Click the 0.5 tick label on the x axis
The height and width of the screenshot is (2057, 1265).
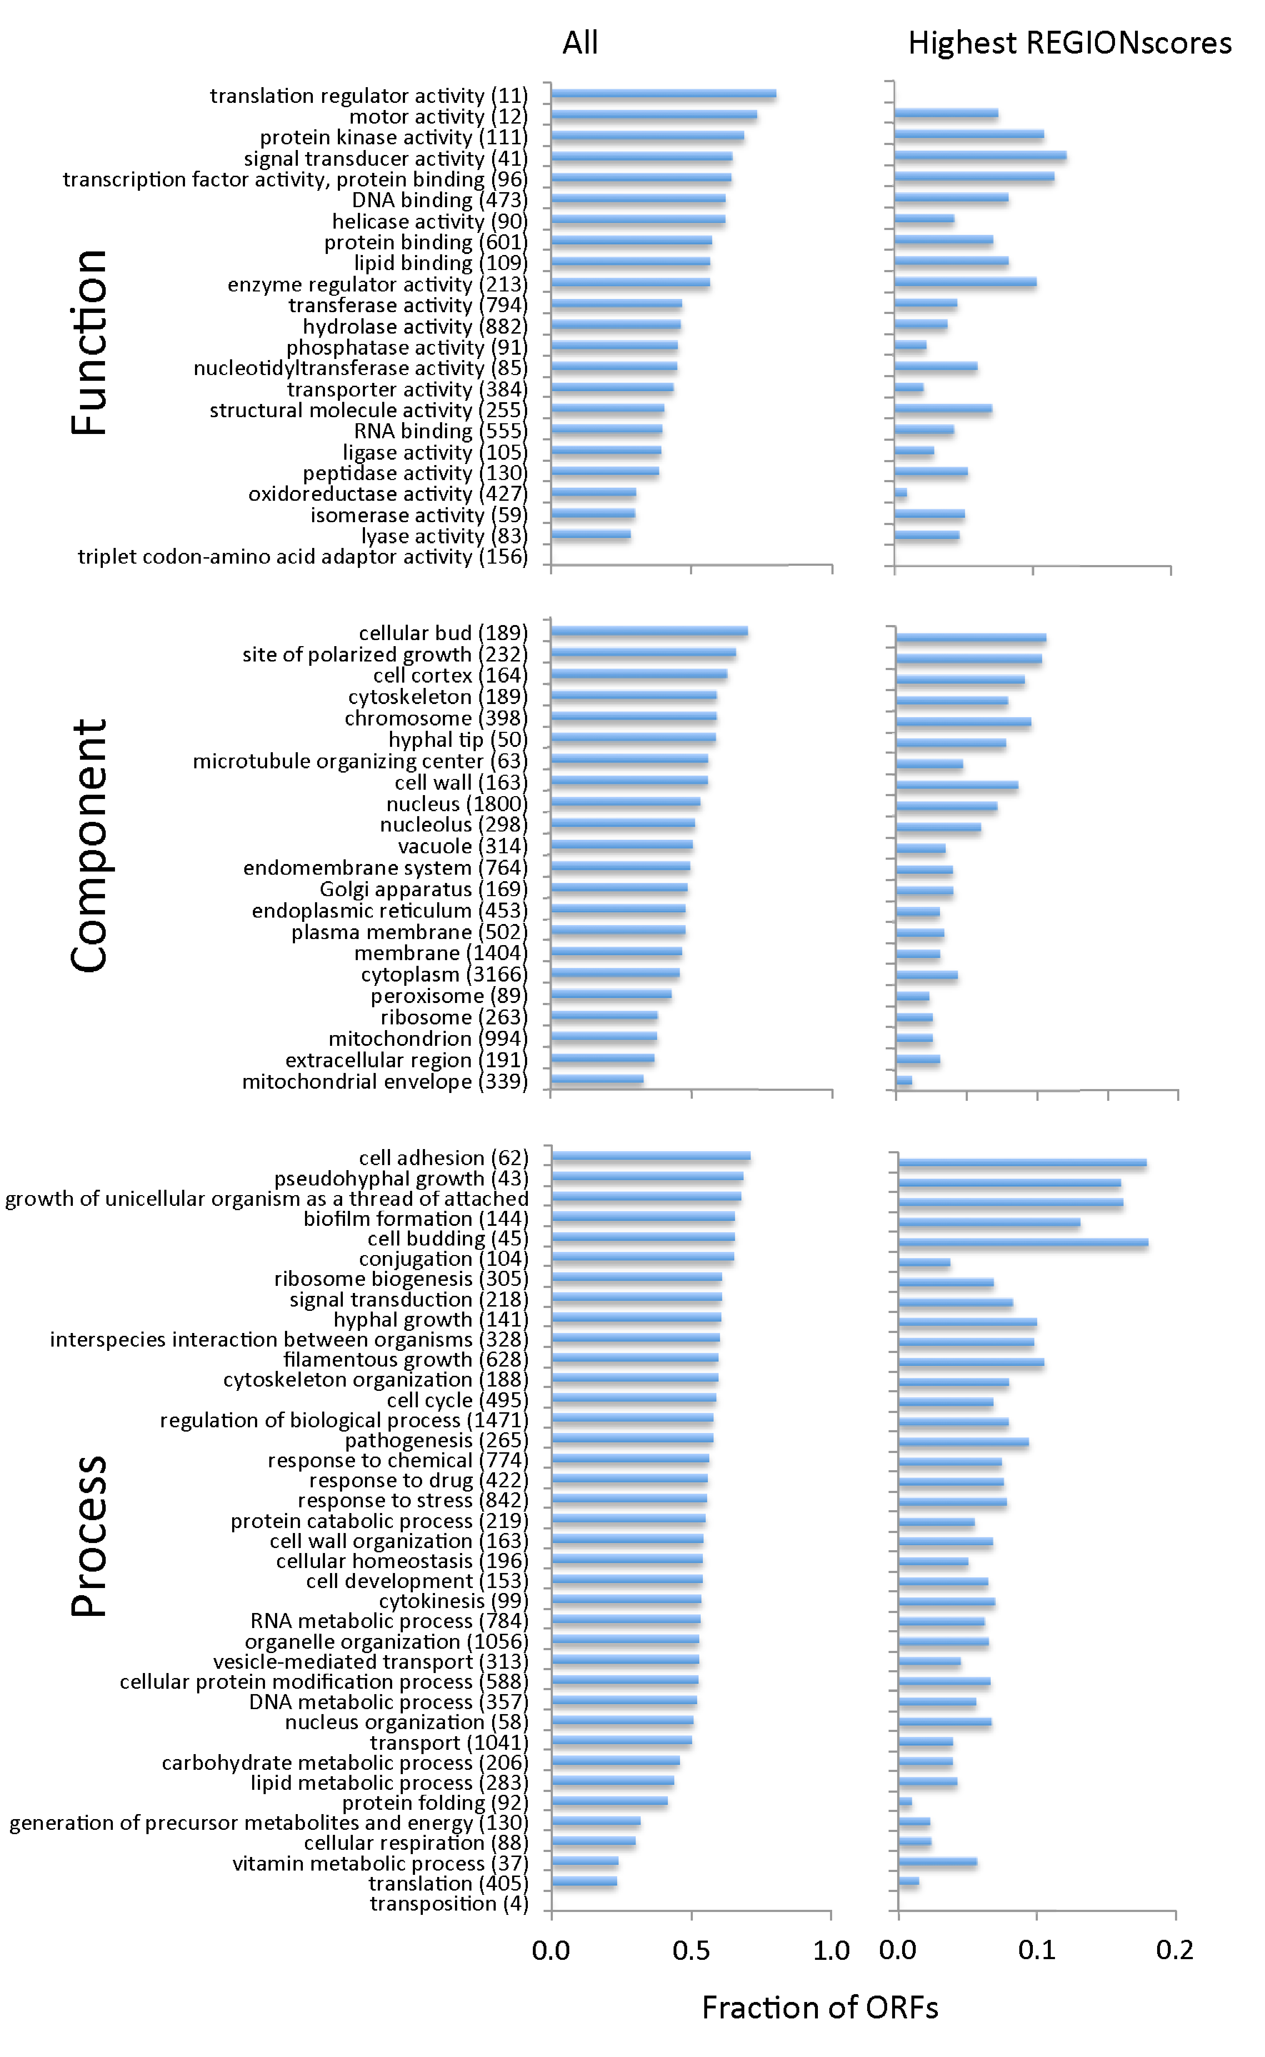point(691,1950)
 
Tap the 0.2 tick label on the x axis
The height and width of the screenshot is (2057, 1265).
point(1175,1950)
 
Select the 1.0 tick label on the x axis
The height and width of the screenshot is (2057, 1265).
point(831,1950)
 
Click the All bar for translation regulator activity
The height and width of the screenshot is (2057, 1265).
point(664,95)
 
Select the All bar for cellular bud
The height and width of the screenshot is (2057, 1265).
point(649,631)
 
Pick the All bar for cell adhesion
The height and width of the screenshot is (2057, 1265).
point(651,1156)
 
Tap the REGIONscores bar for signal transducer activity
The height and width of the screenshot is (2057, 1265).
point(980,156)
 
